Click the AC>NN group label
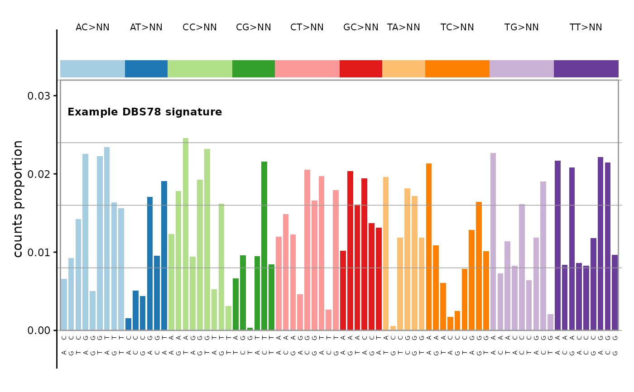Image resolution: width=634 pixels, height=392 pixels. pyautogui.click(x=92, y=28)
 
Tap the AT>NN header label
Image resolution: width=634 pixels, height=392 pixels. pyautogui.click(x=146, y=28)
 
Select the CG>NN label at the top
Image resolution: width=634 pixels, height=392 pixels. pyautogui.click(x=253, y=28)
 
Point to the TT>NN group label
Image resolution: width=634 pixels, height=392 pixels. pyautogui.click(x=586, y=28)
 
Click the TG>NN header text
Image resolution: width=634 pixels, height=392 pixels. pyautogui.click(x=521, y=28)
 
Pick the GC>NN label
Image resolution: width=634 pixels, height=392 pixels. pyautogui.click(x=360, y=28)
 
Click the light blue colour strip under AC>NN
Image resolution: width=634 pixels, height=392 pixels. pyautogui.click(x=92, y=69)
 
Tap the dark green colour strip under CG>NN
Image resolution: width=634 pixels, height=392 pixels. pyautogui.click(x=253, y=69)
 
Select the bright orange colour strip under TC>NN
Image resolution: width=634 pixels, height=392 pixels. pyautogui.click(x=457, y=69)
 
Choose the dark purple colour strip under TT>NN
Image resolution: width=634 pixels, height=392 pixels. pyautogui.click(x=586, y=69)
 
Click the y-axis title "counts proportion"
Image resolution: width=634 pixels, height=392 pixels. pyautogui.click(x=18, y=199)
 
